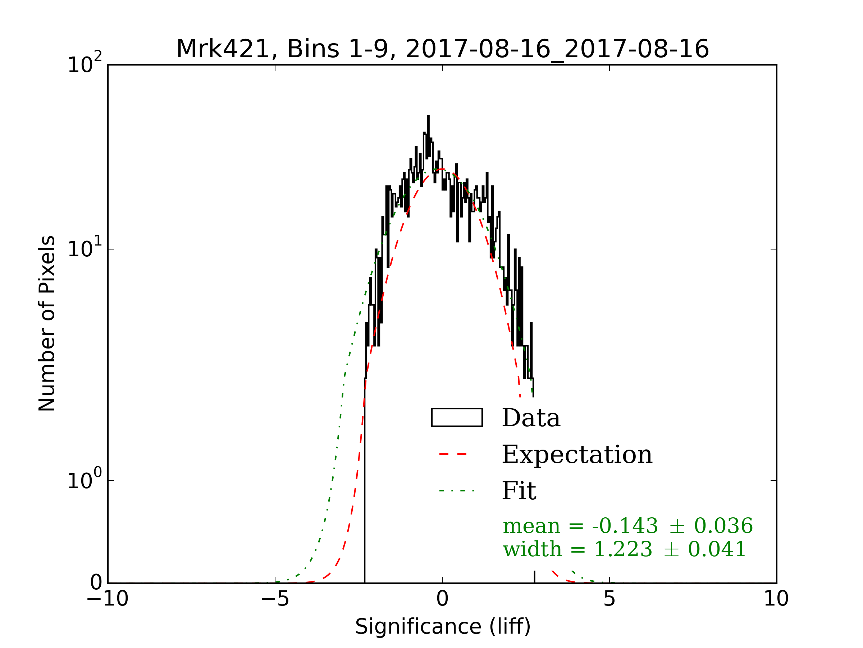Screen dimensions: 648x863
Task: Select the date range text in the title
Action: point(557,49)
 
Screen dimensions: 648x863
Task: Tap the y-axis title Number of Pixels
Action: point(47,323)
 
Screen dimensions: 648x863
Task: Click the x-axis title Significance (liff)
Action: point(443,627)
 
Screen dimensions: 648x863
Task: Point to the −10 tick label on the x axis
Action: point(108,599)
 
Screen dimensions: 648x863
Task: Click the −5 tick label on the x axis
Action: point(275,599)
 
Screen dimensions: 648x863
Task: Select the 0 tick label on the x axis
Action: point(442,599)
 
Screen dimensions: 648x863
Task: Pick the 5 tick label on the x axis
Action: point(609,599)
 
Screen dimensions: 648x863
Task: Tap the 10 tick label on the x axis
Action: point(776,599)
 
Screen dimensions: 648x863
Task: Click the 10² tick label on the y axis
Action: point(85,64)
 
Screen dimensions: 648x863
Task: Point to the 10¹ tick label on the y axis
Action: point(85,248)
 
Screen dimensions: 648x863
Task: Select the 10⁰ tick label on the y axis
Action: point(85,480)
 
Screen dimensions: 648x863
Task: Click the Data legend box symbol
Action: point(457,418)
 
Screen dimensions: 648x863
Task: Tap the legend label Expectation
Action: point(577,455)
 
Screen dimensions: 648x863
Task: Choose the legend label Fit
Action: point(519,491)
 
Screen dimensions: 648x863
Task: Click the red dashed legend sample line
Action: point(453,454)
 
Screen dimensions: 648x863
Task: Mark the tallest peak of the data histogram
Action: point(428,116)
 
